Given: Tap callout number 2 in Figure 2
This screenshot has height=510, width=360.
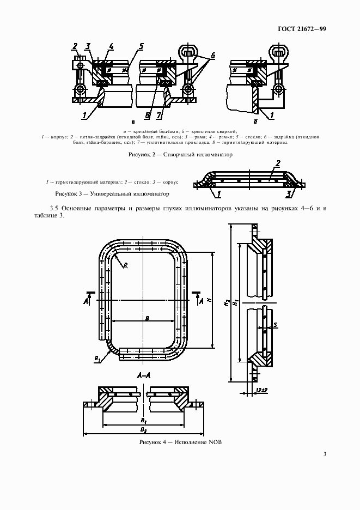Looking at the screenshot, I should tap(75, 46).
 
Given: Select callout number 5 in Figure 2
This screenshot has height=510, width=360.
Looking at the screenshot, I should tap(141, 46).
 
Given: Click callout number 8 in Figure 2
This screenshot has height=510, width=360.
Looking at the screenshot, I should tap(147, 115).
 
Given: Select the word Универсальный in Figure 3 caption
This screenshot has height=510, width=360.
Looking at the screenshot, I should tap(106, 193).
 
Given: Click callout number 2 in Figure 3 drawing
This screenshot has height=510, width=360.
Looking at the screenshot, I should tap(278, 163).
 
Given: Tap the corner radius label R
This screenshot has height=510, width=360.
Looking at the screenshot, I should tap(125, 265).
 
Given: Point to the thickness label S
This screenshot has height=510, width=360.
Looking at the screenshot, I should tap(276, 325).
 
